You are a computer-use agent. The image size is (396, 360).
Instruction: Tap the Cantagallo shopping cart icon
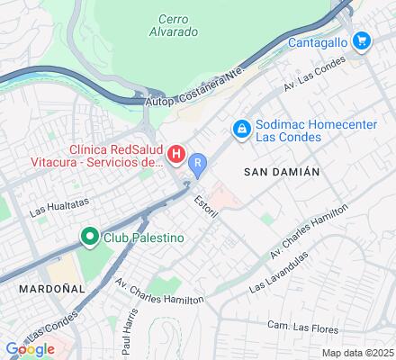coord(361,40)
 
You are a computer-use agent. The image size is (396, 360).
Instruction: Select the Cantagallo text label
coord(319,41)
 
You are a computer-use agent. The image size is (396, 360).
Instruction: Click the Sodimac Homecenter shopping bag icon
coord(241,131)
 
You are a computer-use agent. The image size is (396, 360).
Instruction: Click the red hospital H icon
coord(177,155)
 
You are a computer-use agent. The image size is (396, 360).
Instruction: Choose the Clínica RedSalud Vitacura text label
coord(116,155)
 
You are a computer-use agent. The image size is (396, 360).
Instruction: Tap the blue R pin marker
coord(198,162)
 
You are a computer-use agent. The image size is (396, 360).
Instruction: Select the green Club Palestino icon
coord(89,238)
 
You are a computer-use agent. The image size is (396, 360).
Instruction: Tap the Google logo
coord(30,349)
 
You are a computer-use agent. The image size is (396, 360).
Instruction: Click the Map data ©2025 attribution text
coord(358,353)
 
